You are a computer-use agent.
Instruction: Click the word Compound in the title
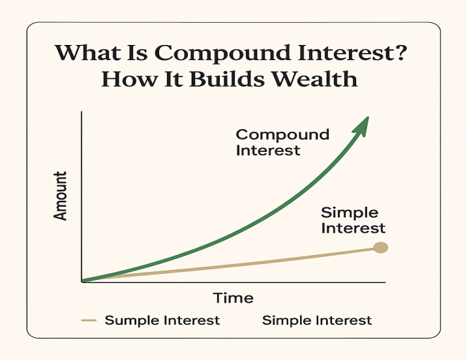(222, 53)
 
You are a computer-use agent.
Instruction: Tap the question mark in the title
(399, 52)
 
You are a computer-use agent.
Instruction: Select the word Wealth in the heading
(315, 79)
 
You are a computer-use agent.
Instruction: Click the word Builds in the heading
(226, 79)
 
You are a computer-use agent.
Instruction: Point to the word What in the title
(88, 52)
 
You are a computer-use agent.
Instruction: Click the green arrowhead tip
(369, 117)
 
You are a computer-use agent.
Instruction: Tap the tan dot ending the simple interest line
(381, 247)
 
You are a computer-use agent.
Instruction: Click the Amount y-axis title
(60, 196)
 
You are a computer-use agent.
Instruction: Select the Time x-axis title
(233, 298)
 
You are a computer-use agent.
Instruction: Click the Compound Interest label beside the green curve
(282, 142)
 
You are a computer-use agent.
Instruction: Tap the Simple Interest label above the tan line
(353, 220)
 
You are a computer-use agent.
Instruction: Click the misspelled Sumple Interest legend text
(162, 320)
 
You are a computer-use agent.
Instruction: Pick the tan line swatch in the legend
(89, 320)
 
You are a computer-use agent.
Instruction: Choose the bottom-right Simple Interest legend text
(317, 320)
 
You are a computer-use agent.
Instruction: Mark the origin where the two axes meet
(82, 282)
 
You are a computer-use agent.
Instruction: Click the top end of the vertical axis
(82, 112)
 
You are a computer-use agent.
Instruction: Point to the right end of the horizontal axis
(385, 282)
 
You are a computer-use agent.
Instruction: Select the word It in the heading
(173, 79)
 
